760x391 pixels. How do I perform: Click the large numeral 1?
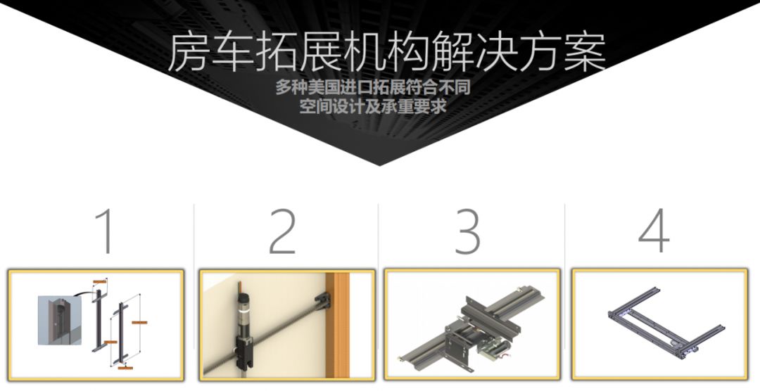(x=106, y=231)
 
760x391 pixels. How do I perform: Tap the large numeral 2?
(x=283, y=231)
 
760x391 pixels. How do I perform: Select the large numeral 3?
(x=467, y=231)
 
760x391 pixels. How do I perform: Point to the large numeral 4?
(x=654, y=231)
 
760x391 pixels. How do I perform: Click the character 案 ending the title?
(x=584, y=52)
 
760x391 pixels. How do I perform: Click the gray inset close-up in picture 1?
(x=56, y=320)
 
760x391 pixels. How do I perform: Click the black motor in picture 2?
(x=239, y=309)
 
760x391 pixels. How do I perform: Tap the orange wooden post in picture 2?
(x=342, y=323)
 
